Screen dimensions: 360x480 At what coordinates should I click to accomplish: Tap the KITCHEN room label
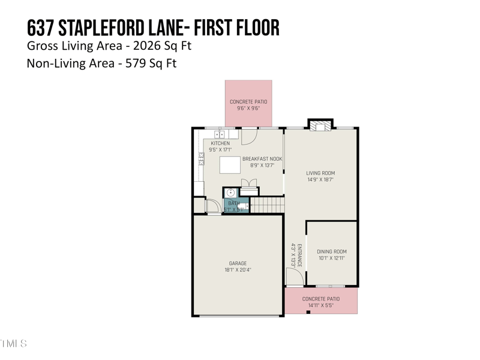[x=219, y=143]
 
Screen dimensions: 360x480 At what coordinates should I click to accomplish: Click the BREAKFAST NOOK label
[x=262, y=159]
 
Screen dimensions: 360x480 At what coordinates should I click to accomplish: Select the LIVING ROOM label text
[x=320, y=173]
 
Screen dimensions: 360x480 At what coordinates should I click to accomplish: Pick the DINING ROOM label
[x=332, y=252]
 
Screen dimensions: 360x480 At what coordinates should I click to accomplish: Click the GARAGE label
[x=238, y=263]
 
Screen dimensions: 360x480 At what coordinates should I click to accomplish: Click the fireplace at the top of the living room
[x=319, y=125]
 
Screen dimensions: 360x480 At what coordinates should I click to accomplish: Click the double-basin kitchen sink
[x=220, y=135]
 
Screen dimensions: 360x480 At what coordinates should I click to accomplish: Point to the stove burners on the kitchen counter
[x=202, y=158]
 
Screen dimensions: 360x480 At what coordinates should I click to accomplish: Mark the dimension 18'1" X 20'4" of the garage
[x=238, y=270]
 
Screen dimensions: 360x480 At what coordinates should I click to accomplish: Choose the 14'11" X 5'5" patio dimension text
[x=321, y=305]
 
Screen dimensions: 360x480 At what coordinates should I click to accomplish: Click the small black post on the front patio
[x=308, y=312]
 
